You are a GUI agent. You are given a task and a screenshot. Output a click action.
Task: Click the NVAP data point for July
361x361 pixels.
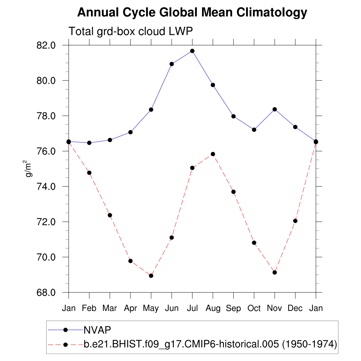click(x=192, y=51)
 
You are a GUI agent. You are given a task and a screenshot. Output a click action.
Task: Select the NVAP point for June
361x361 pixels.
click(x=172, y=64)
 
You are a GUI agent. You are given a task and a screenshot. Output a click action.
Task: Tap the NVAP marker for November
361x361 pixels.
click(x=275, y=109)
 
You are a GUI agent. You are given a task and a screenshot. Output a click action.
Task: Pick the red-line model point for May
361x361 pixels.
click(x=151, y=276)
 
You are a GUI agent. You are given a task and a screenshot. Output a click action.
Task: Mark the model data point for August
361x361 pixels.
click(x=213, y=154)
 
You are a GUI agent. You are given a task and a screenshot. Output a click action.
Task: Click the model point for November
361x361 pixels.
click(x=275, y=273)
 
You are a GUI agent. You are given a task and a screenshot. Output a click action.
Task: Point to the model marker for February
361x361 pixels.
click(x=89, y=173)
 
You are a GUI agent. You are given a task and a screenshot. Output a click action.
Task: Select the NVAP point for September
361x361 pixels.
click(x=233, y=116)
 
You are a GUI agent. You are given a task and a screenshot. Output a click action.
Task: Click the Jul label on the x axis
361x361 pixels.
click(x=192, y=308)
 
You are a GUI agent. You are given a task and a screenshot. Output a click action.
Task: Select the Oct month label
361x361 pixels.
click(x=254, y=308)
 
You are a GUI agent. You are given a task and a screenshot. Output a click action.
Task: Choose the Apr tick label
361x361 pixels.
click(x=130, y=308)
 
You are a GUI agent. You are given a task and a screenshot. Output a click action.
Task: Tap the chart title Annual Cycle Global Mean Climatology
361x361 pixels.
click(x=192, y=13)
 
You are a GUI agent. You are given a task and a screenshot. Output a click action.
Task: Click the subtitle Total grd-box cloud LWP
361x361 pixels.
click(x=130, y=31)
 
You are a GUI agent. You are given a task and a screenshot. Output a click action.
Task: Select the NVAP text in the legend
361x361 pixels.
click(x=97, y=330)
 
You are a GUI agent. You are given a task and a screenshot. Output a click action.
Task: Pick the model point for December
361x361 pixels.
click(x=295, y=221)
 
